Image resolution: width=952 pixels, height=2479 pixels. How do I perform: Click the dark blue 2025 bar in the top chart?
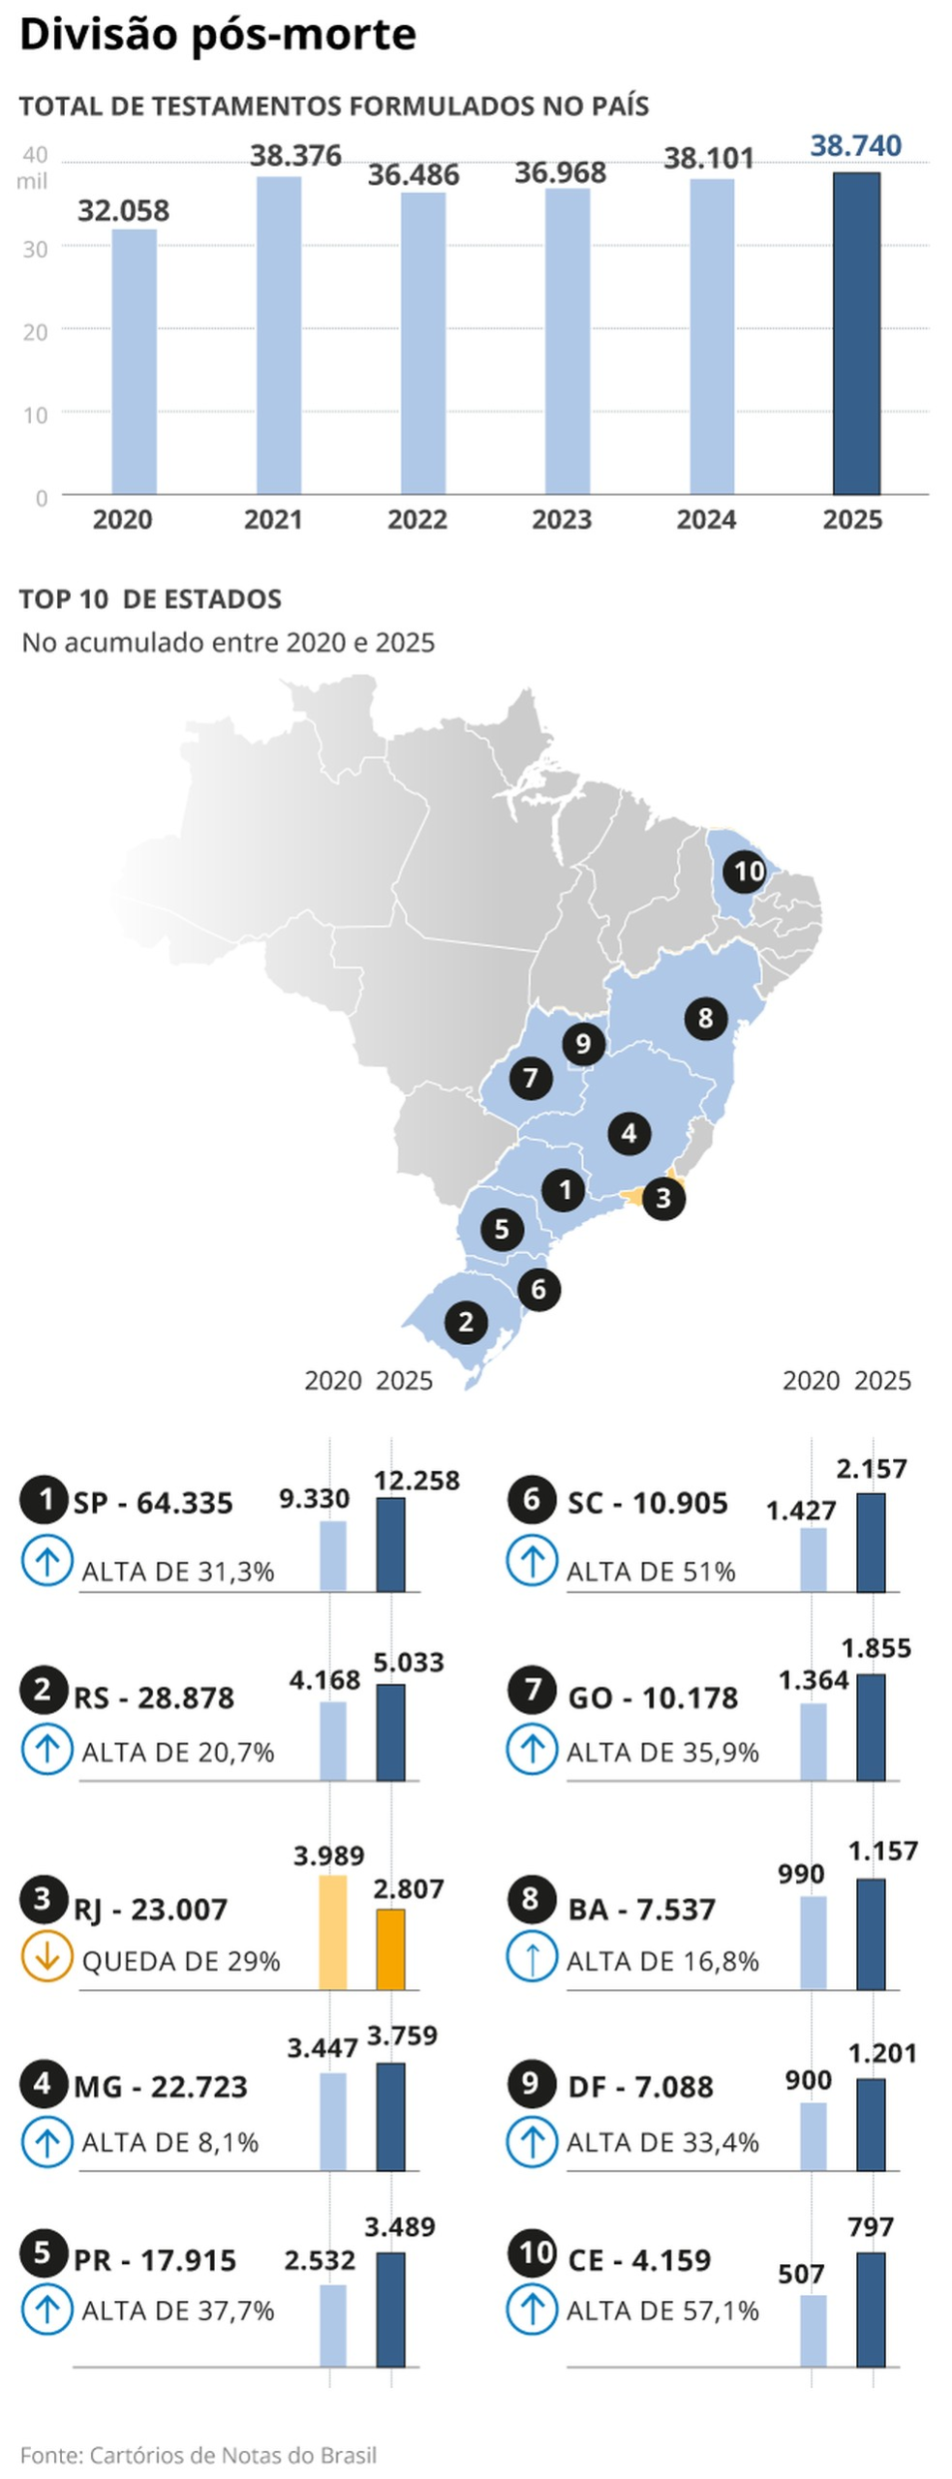coord(856,333)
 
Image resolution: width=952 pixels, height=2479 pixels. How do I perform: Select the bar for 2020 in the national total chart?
coord(134,361)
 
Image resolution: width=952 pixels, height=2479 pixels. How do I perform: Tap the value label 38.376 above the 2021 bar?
coord(295,156)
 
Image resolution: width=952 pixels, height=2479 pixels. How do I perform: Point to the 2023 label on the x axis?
coord(562,520)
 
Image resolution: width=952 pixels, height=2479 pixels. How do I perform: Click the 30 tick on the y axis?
coord(36,249)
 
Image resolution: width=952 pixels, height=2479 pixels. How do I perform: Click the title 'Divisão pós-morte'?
coord(218,34)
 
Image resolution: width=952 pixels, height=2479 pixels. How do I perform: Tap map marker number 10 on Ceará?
coord(747,872)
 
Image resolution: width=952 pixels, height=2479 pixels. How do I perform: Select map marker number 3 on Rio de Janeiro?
coord(663,1198)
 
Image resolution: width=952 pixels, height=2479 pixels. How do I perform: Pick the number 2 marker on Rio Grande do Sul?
coord(466,1321)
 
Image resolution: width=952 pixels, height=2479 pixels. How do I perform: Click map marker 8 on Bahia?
coord(706,1018)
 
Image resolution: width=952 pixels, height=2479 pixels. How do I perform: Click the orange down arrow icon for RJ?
coord(46,1956)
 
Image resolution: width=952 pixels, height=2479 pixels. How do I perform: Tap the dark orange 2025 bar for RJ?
coord(390,1949)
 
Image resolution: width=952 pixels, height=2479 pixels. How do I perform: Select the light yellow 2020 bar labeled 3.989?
coord(332,1933)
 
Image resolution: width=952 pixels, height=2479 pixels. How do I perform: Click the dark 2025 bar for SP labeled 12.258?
coord(390,1545)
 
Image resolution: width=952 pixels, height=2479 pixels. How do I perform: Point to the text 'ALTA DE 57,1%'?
coord(662,2311)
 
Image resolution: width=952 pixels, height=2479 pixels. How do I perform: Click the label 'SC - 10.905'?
coord(647,1503)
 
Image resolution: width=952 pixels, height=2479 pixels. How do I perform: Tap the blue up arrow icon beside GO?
coord(532,1749)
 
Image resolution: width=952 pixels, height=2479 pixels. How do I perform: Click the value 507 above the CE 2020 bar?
coord(801,2274)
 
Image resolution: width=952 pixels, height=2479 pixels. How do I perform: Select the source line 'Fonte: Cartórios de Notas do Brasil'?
coord(198,2455)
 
